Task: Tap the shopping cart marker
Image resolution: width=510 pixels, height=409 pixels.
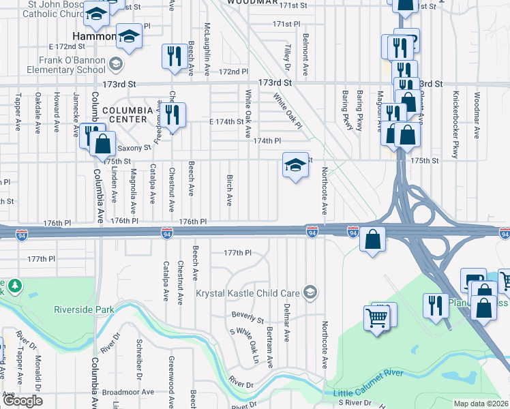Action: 377,318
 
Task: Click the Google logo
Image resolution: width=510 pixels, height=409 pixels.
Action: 22,401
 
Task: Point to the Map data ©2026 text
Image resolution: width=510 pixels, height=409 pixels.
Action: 481,404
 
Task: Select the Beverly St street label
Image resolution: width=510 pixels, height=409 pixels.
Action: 247,317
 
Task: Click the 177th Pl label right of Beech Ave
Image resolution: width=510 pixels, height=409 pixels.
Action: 238,253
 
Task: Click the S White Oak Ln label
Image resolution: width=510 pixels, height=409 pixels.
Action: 245,345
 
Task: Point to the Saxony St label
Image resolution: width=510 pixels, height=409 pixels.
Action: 134,147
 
